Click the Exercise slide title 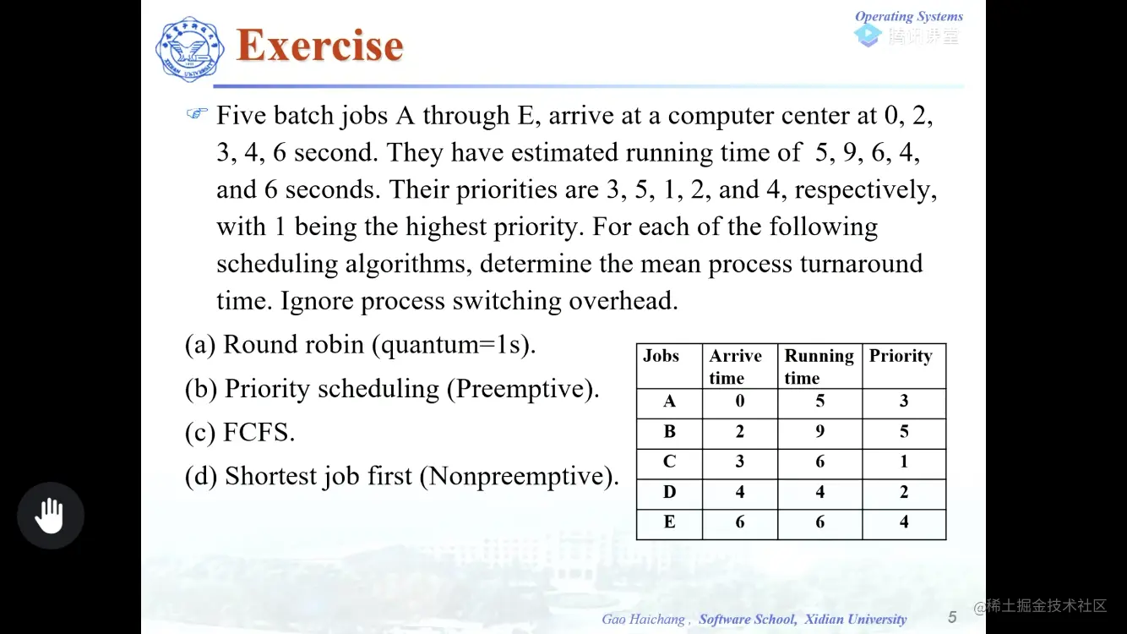(x=319, y=46)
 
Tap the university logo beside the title (x=189, y=49)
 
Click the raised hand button (x=51, y=516)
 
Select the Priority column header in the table (x=901, y=356)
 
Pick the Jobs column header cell (x=661, y=356)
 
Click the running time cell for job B (x=819, y=432)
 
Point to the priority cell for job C (x=904, y=462)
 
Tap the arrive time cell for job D (x=739, y=492)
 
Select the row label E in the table (x=669, y=522)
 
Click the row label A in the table (x=669, y=402)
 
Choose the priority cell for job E (x=904, y=522)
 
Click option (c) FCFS (x=240, y=433)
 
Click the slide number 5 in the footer (x=952, y=617)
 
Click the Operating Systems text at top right (x=908, y=16)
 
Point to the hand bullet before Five (x=197, y=113)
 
